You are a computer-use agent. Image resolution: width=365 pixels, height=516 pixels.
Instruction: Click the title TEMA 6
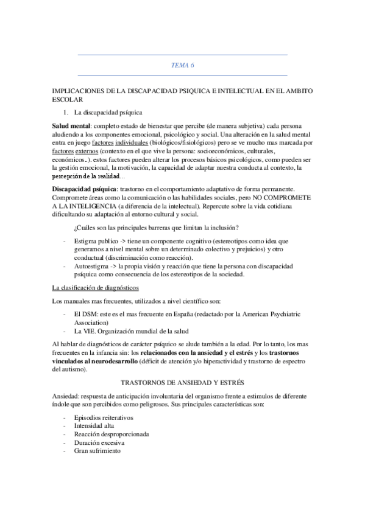pyautogui.click(x=182, y=64)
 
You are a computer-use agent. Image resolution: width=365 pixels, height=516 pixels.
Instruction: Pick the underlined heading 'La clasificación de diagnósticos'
pyautogui.click(x=96, y=287)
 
